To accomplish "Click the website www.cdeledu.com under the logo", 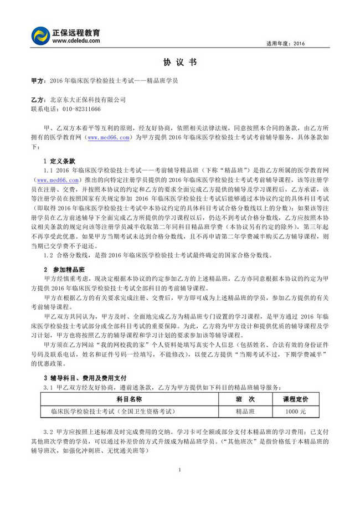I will coord(76,40).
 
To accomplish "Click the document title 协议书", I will coord(179,63).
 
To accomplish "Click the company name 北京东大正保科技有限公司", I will coord(88,100).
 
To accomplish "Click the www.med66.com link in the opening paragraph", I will coord(109,136).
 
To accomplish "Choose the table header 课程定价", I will coord(296,399).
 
